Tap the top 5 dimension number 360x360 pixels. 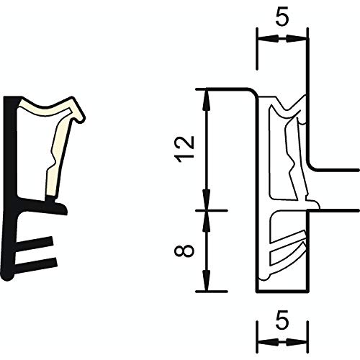pos(282,18)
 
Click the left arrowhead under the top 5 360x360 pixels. pos(269,38)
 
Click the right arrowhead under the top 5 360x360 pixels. pos(296,38)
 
